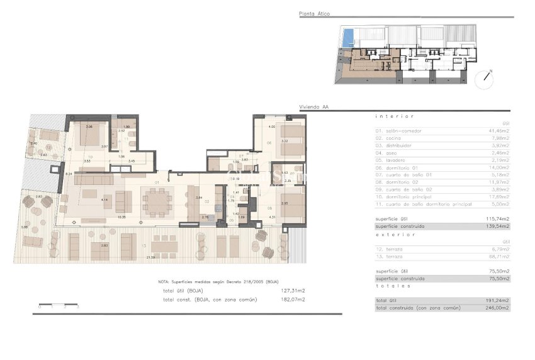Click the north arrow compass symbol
coord(485,78)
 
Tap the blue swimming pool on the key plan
coord(347,38)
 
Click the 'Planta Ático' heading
coord(315,14)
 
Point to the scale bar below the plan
coord(58,307)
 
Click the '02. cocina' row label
coord(389,138)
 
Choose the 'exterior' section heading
coord(395,234)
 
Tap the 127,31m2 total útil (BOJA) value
coord(293,291)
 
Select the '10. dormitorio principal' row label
coord(403,197)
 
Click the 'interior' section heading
coord(395,116)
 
